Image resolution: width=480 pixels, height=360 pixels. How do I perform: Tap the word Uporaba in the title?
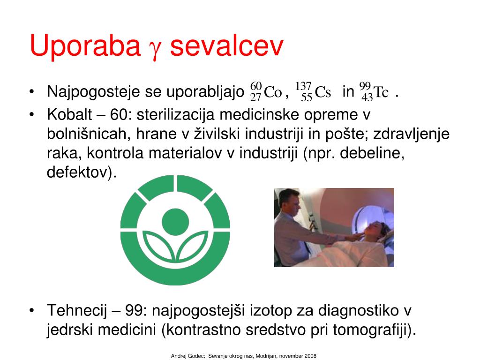85,46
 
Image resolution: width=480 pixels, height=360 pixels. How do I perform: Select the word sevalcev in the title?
227,46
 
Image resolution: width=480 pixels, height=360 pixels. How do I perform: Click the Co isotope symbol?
266,91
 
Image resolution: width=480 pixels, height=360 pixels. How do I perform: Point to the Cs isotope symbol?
313,91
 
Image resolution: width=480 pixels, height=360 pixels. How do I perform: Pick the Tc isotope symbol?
374,91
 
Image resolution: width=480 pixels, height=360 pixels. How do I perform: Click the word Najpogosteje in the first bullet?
93,91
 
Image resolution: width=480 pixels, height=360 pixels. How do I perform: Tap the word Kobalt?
69,115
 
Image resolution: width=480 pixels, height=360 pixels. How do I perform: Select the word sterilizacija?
175,115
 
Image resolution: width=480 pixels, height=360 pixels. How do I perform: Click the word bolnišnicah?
87,134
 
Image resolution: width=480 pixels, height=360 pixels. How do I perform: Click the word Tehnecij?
77,311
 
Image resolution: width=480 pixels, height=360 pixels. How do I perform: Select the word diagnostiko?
358,311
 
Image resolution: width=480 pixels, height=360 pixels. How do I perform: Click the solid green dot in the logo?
175,222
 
